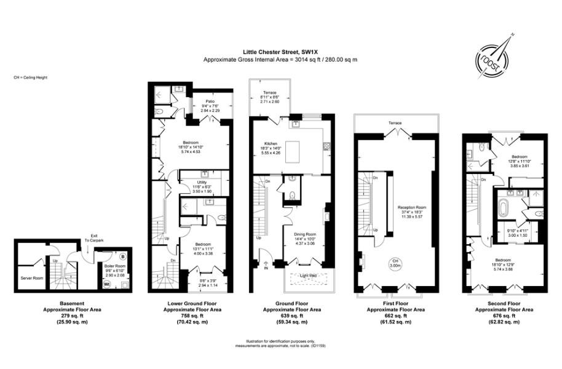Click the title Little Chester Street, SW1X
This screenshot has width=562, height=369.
click(x=280, y=52)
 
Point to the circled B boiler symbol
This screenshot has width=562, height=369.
click(x=122, y=256)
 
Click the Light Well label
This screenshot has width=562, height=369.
click(x=308, y=276)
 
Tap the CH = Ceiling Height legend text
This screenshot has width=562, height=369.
click(x=30, y=77)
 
